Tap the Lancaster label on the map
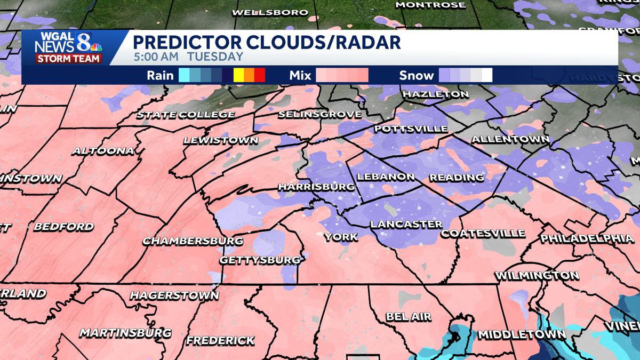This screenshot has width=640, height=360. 406,224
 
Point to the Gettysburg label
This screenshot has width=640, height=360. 260,260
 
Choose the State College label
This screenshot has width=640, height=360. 186,115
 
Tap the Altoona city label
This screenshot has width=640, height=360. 103,151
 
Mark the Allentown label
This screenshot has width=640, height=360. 510,139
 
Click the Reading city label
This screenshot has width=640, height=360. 457,177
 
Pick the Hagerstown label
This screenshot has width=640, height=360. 174,295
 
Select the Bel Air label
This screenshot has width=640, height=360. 409,316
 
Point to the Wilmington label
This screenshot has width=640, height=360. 537,276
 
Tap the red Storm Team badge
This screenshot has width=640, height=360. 68,59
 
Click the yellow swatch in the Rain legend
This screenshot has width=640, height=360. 238,75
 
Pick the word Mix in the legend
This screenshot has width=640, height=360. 300,75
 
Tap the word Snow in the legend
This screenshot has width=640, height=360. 417,75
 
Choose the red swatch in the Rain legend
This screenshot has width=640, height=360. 259,75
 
